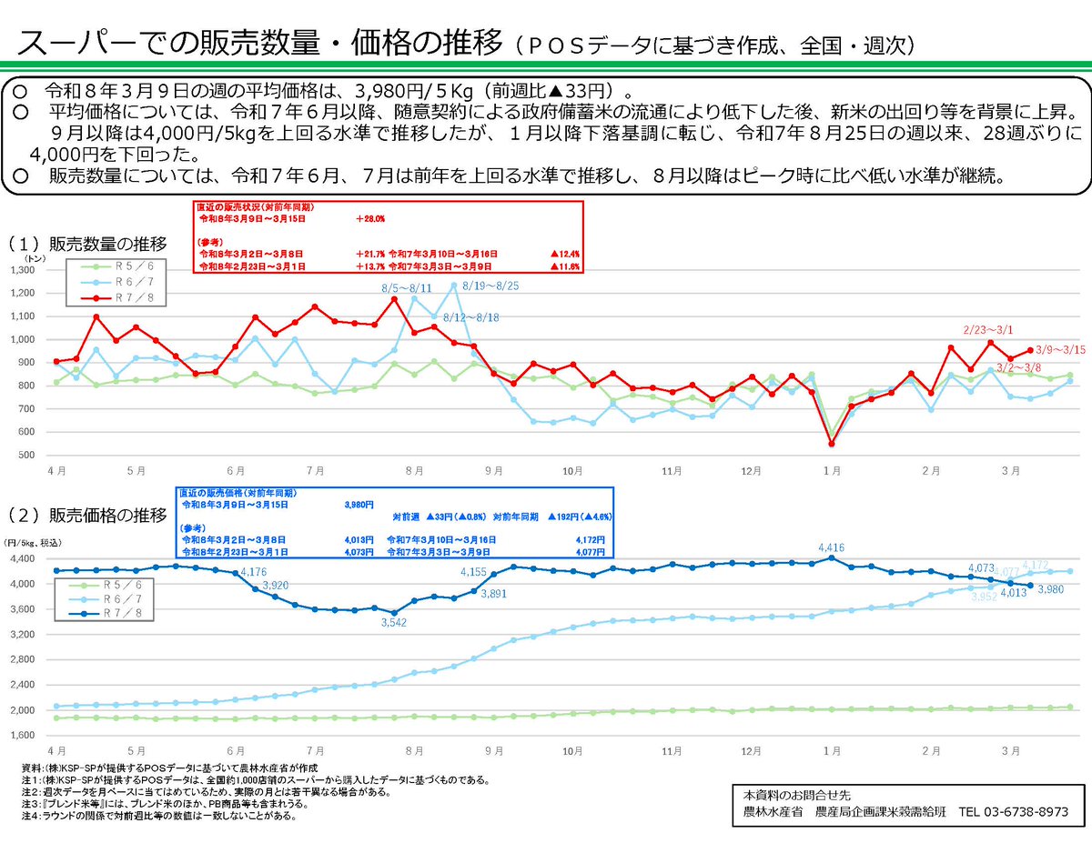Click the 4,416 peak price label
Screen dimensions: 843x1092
click(x=833, y=547)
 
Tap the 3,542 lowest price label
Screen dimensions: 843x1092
click(x=392, y=623)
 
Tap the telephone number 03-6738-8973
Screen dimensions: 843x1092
click(x=1007, y=811)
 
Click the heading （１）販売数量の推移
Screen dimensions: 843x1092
click(x=88, y=244)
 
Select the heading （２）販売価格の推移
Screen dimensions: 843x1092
click(x=88, y=516)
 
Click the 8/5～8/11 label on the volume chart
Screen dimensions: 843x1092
click(x=408, y=287)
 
